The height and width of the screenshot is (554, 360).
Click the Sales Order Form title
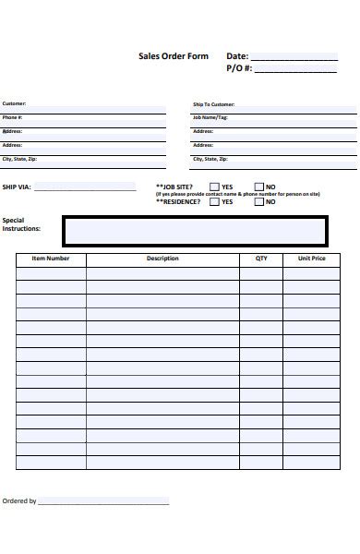point(174,56)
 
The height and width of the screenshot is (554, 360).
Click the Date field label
point(237,56)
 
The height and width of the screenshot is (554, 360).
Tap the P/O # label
point(238,68)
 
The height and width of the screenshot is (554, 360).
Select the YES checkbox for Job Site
point(214,187)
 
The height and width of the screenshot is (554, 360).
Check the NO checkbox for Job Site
point(258,187)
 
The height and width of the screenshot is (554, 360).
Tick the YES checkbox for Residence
point(214,201)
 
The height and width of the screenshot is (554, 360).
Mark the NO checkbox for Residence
point(258,201)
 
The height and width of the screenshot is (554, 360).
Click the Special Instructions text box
point(194,232)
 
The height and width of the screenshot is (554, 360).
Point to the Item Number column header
point(51,259)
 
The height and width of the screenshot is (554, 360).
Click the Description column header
point(162,259)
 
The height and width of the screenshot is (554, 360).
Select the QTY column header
point(261,259)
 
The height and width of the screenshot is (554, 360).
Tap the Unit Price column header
point(311,259)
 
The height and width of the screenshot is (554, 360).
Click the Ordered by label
point(19,501)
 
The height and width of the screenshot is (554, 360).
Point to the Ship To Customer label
point(213,104)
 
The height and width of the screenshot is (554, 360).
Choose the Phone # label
point(12,117)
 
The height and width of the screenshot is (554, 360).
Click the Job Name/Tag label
point(210,117)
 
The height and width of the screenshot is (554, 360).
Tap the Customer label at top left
point(14,103)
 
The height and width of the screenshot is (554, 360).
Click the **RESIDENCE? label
point(179,201)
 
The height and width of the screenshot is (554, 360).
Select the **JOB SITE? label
point(175,187)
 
